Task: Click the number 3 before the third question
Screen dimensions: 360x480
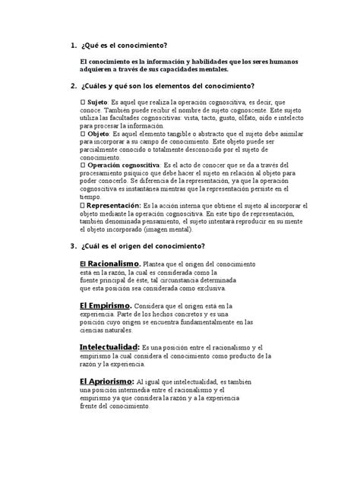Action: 71,245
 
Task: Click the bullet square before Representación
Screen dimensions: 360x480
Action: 82,206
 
